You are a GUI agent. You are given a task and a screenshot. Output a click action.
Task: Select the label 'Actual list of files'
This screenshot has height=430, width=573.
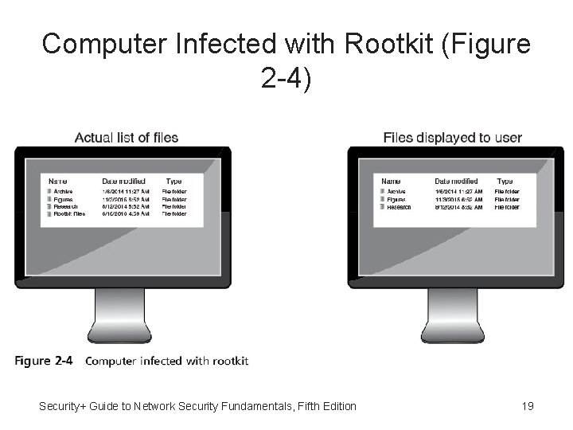pyautogui.click(x=126, y=138)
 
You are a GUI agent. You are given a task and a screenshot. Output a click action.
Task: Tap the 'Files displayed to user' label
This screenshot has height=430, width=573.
pyautogui.click(x=452, y=138)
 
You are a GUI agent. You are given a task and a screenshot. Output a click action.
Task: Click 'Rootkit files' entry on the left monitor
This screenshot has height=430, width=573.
pyautogui.click(x=69, y=213)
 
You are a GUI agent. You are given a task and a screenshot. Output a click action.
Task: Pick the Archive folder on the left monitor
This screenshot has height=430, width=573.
pyautogui.click(x=63, y=192)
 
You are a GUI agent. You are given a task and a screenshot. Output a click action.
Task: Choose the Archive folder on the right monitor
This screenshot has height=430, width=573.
pyautogui.click(x=396, y=192)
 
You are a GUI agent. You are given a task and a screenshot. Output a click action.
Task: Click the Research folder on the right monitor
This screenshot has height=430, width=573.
pyautogui.click(x=399, y=206)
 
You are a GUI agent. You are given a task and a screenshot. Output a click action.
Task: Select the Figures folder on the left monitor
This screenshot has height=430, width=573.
pyautogui.click(x=64, y=199)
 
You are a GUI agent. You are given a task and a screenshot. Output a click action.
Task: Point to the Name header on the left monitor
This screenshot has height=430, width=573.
pyautogui.click(x=57, y=182)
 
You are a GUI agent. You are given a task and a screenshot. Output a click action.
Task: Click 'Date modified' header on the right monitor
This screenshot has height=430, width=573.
pyautogui.click(x=456, y=182)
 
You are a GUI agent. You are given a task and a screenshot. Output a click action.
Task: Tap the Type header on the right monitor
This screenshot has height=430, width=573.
pyautogui.click(x=505, y=182)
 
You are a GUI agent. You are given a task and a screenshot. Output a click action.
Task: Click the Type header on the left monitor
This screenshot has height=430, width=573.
pyautogui.click(x=173, y=182)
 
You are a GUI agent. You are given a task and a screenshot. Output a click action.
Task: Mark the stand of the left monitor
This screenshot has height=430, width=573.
pyautogui.click(x=120, y=315)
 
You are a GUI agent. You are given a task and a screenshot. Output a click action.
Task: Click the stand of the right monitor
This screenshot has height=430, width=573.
pyautogui.click(x=453, y=315)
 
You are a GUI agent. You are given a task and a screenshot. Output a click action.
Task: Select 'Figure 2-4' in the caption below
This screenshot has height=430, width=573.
pyautogui.click(x=44, y=361)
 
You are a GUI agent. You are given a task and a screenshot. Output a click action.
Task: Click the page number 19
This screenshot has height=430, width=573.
pyautogui.click(x=527, y=406)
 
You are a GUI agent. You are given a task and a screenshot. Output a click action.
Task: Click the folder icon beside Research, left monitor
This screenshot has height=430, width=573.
pyautogui.click(x=49, y=206)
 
